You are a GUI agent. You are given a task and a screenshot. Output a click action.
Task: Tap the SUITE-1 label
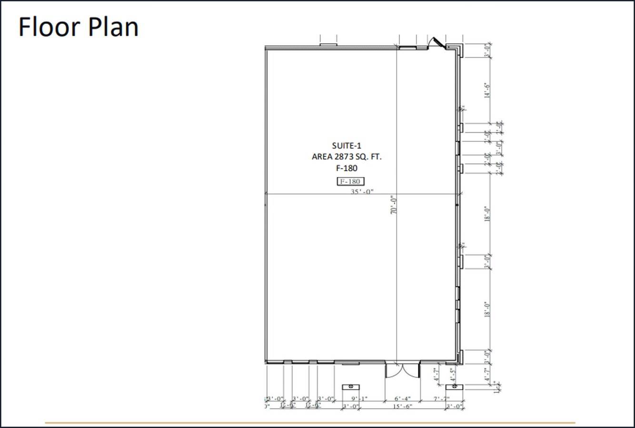(346, 146)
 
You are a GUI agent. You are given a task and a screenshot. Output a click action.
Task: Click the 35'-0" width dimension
(362, 192)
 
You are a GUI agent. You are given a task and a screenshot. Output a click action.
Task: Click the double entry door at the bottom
(402, 370)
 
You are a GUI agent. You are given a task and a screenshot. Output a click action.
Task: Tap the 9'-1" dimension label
(359, 399)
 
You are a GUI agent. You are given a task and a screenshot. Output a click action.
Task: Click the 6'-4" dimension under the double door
(402, 399)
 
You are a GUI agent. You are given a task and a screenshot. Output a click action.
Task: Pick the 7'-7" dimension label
(441, 399)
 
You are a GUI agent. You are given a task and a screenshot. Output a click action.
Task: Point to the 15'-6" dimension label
(402, 406)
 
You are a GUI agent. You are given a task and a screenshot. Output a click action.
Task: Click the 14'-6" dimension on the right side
(487, 90)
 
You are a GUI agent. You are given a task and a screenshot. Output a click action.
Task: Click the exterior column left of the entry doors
(351, 387)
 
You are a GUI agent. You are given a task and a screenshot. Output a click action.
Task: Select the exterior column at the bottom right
(455, 387)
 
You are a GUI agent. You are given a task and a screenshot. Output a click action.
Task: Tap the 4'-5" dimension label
(452, 374)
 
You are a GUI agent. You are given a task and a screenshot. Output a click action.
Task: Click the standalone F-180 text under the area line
(346, 168)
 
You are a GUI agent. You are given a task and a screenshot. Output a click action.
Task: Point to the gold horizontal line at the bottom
(309, 422)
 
